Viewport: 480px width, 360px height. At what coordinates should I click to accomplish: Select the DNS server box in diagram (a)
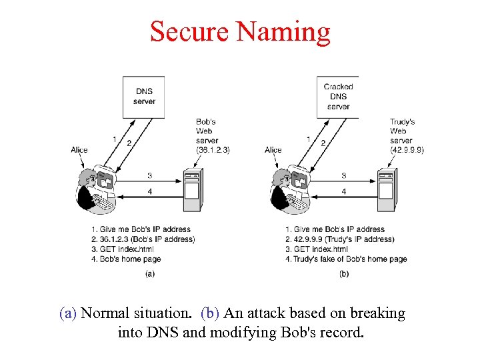tap(144, 96)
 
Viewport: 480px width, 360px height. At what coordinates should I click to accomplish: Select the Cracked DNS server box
tap(338, 96)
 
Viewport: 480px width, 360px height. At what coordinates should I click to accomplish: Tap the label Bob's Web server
tap(207, 131)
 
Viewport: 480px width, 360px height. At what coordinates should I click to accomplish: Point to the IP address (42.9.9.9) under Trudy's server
tap(407, 150)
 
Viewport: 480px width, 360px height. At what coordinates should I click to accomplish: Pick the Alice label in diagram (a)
tap(79, 150)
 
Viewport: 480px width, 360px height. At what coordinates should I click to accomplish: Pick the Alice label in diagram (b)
tap(273, 150)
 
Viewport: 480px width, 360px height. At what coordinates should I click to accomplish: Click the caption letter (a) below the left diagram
tap(150, 273)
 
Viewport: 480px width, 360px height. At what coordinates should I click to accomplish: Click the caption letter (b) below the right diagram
tap(344, 273)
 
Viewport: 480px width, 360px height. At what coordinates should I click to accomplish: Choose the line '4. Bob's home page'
tap(126, 259)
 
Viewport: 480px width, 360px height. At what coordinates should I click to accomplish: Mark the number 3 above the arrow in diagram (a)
tap(149, 175)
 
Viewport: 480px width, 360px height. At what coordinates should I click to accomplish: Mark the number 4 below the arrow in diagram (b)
tap(343, 192)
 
